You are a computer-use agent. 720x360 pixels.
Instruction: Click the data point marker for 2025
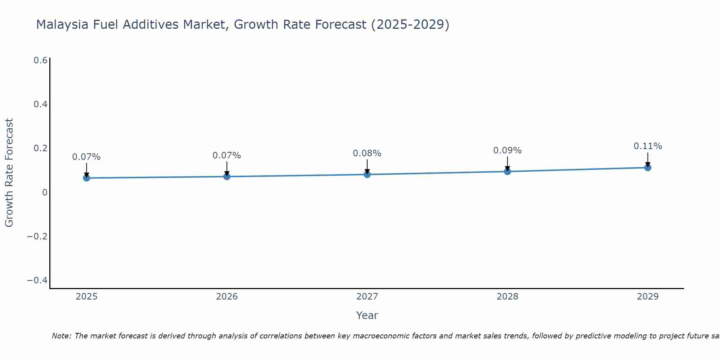86,178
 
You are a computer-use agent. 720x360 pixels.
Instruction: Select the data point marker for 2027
367,175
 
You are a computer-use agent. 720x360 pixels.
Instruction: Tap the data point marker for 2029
648,167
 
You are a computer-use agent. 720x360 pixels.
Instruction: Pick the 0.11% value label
648,146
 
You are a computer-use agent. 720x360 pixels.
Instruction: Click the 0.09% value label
507,150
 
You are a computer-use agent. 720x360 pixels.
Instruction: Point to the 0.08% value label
367,153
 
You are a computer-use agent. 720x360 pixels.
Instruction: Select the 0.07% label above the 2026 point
226,156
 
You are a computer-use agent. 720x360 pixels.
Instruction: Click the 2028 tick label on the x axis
507,297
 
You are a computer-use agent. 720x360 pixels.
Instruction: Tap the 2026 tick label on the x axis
227,297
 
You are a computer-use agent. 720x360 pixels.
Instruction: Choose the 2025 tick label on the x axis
86,297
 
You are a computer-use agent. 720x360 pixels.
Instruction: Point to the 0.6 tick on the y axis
40,60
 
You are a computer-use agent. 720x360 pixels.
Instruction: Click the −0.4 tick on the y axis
37,280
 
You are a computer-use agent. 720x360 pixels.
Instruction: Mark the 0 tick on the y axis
45,193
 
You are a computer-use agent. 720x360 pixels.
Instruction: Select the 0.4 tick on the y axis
40,104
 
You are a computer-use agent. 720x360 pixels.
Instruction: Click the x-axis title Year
367,316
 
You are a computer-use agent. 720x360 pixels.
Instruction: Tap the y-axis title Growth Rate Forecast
9,172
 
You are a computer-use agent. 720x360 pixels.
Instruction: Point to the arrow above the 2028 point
507,164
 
